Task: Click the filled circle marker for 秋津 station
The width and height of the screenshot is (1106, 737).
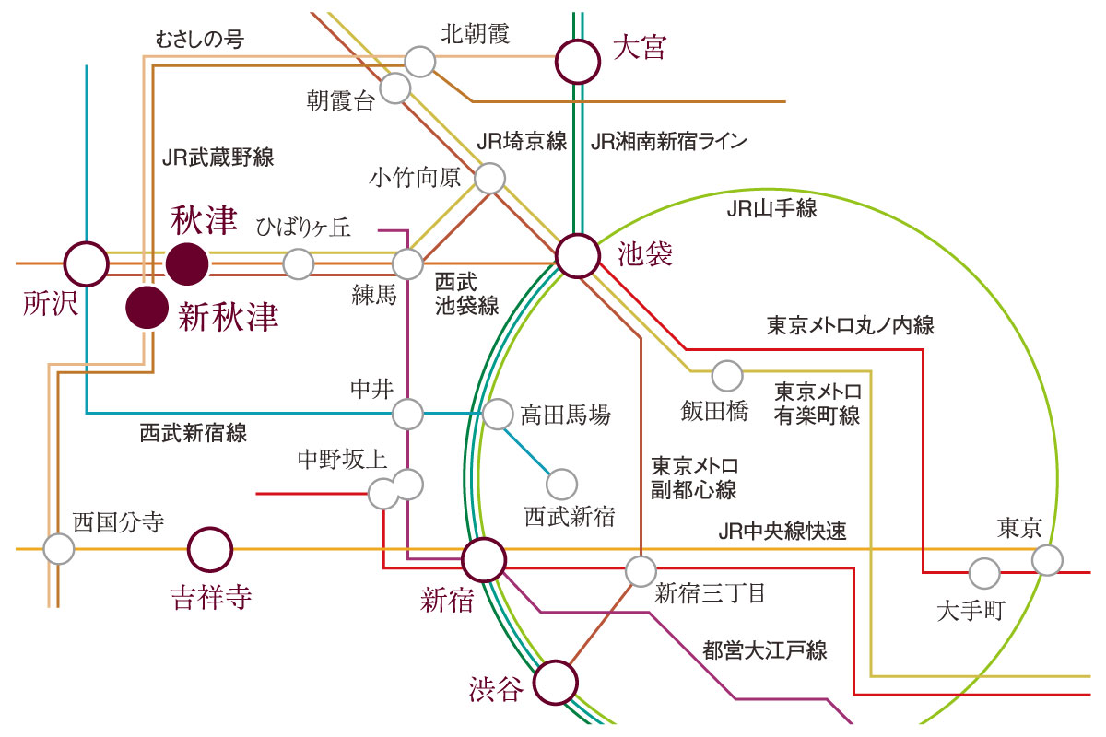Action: click(x=186, y=264)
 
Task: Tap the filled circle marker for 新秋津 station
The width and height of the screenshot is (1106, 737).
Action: click(x=147, y=307)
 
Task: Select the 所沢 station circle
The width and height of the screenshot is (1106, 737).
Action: click(x=87, y=264)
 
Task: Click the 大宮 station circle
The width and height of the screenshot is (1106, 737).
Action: click(x=578, y=62)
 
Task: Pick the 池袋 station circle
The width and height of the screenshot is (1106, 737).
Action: click(x=578, y=256)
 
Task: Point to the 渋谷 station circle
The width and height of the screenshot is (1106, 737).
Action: click(x=556, y=683)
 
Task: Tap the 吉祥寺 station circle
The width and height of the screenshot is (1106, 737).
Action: click(x=210, y=549)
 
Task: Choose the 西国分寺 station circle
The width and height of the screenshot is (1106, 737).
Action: click(x=59, y=549)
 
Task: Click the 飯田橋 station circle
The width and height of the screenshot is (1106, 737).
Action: click(x=727, y=376)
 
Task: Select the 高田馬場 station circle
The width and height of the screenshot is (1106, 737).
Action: click(x=498, y=415)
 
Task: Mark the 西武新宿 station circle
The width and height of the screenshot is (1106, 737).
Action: click(x=562, y=485)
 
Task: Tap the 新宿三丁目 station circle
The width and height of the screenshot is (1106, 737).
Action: click(x=641, y=571)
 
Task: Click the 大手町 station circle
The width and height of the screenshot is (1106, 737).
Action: click(x=984, y=574)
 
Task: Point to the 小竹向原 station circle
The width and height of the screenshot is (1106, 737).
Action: click(x=489, y=178)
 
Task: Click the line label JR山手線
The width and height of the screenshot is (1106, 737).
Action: click(x=771, y=209)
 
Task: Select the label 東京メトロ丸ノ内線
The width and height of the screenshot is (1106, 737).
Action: click(x=850, y=326)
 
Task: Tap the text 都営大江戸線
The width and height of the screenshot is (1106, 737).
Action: click(x=765, y=650)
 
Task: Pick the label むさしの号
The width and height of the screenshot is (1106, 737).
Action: click(x=199, y=39)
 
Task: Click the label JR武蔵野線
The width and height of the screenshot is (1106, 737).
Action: click(x=218, y=158)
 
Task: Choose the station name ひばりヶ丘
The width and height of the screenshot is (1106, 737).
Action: click(x=303, y=228)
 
